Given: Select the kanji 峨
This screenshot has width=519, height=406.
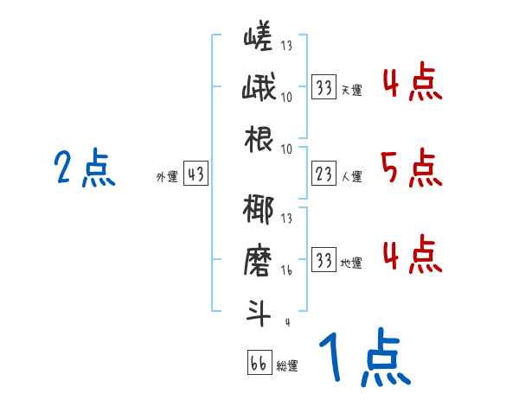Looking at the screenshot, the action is [x=258, y=89].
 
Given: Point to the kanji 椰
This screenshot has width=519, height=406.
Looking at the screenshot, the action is [x=258, y=212].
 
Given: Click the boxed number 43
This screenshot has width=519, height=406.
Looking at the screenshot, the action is [x=195, y=175].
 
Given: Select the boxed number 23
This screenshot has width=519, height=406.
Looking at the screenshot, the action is [x=324, y=175].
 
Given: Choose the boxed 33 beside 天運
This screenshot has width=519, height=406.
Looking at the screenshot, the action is [x=324, y=87].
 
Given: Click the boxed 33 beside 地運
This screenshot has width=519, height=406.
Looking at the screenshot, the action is [x=324, y=261].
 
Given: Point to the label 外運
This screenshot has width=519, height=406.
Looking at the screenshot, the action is [x=166, y=177].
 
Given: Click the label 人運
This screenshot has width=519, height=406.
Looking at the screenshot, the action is [x=351, y=177].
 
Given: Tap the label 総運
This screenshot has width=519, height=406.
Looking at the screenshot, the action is [x=286, y=365].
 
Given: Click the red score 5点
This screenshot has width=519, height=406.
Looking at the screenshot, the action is [x=411, y=168].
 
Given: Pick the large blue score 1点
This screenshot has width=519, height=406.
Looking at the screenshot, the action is [x=363, y=358].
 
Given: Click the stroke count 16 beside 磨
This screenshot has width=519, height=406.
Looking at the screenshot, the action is [x=287, y=270].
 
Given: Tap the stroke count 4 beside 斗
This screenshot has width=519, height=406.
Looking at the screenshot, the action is [x=287, y=323].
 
